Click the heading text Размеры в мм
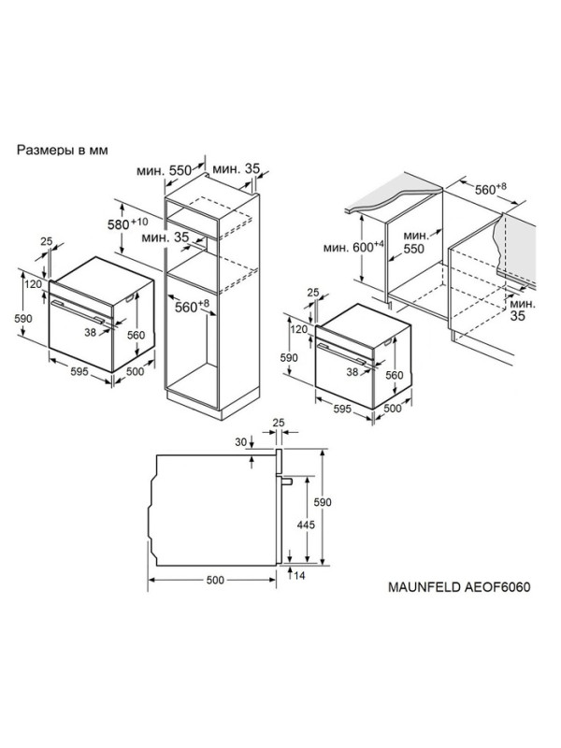[x=63, y=150]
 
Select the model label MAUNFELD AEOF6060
[x=459, y=586]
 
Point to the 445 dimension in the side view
[x=306, y=525]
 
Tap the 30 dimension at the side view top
[x=241, y=442]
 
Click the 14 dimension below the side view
[x=299, y=576]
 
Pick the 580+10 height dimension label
[x=127, y=223]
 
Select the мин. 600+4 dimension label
[x=353, y=247]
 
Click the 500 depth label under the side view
[x=215, y=580]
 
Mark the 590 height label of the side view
[x=323, y=502]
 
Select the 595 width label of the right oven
[x=342, y=409]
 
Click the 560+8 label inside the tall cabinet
[x=192, y=306]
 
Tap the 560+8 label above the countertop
[x=490, y=189]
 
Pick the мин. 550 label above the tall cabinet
[x=164, y=170]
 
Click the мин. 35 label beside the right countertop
[x=523, y=309]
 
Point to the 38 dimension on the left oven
[x=90, y=333]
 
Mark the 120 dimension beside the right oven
[x=299, y=329]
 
